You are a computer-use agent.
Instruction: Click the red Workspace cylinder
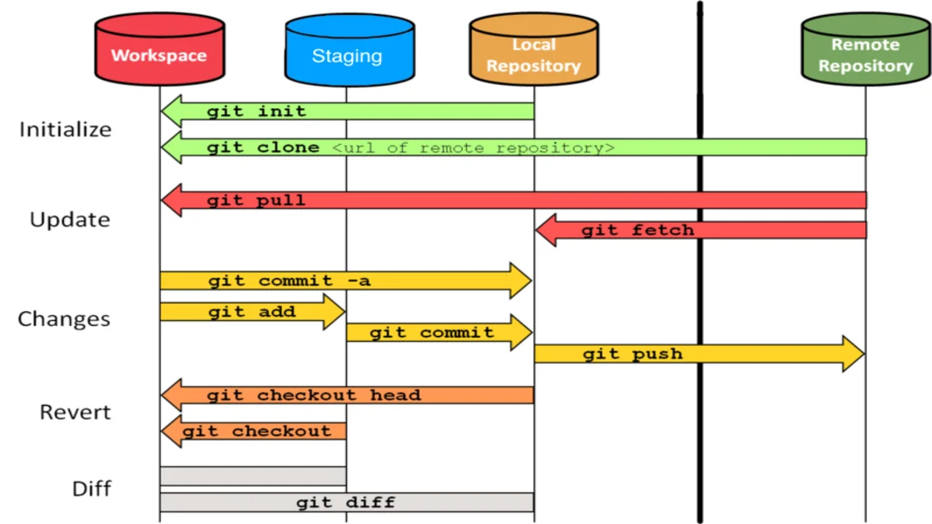click(158, 52)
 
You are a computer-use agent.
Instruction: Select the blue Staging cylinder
click(347, 52)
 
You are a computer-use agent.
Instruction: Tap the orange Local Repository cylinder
click(533, 52)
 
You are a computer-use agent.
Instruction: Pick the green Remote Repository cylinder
click(865, 52)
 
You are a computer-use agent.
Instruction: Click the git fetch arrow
click(699, 230)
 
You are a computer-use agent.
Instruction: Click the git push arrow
click(699, 354)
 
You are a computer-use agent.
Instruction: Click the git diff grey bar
click(346, 502)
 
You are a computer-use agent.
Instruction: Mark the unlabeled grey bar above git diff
click(253, 476)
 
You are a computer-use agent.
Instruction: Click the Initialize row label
click(66, 130)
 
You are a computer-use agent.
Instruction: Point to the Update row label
click(70, 220)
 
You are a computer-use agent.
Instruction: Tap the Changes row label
click(64, 319)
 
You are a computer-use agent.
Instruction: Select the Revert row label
click(75, 412)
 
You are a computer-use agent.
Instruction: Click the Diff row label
click(92, 487)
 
